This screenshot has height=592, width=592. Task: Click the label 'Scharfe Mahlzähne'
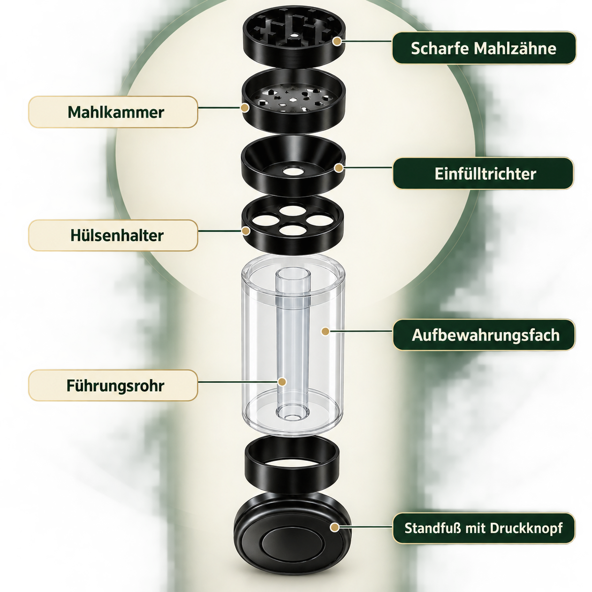pyautogui.click(x=484, y=48)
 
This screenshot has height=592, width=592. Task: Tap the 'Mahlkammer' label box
pyautogui.click(x=113, y=112)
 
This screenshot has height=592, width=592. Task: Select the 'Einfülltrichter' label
pyautogui.click(x=483, y=174)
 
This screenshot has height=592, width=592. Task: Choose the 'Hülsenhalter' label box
pyautogui.click(x=113, y=235)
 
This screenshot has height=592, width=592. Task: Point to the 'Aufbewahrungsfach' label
pyautogui.click(x=484, y=335)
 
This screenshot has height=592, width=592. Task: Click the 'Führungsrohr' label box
pyautogui.click(x=113, y=386)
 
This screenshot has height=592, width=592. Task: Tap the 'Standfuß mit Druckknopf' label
pyautogui.click(x=484, y=528)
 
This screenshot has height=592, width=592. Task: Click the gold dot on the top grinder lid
pyautogui.click(x=337, y=41)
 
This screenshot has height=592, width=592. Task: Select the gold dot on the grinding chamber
pyautogui.click(x=245, y=108)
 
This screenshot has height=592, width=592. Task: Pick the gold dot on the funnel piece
pyautogui.click(x=339, y=168)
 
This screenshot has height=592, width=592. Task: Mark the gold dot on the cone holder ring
pyautogui.click(x=246, y=231)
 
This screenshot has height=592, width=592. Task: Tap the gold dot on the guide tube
pyautogui.click(x=282, y=382)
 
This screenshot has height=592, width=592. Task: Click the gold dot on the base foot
pyautogui.click(x=335, y=527)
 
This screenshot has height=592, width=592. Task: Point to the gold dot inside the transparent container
pyautogui.click(x=325, y=331)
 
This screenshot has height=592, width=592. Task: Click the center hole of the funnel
pyautogui.click(x=293, y=171)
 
